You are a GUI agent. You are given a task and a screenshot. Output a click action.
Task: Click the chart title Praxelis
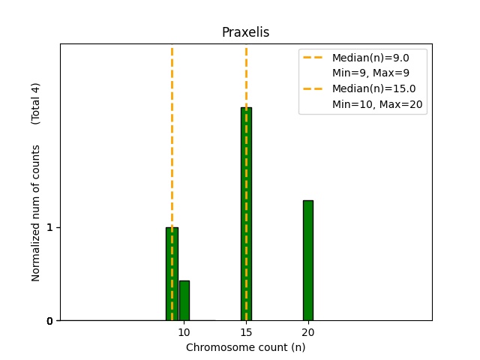pyautogui.click(x=245, y=33)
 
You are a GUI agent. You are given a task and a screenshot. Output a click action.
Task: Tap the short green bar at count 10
pyautogui.click(x=184, y=301)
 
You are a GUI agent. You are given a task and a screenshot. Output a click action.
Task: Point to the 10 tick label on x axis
pyautogui.click(x=184, y=332)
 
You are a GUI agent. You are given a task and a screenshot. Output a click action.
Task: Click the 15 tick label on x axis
pyautogui.click(x=246, y=332)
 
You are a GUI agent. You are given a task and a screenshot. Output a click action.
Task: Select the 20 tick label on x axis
pyautogui.click(x=308, y=332)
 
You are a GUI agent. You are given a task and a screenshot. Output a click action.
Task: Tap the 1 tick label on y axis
pyautogui.click(x=49, y=227)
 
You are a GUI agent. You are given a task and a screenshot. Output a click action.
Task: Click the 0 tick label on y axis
pyautogui.click(x=49, y=321)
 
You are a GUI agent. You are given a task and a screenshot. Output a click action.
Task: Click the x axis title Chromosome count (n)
pyautogui.click(x=245, y=347)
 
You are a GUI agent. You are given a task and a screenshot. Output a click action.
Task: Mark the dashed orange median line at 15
pyautogui.click(x=246, y=75)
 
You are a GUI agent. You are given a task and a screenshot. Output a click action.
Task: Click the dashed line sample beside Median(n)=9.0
pyautogui.click(x=313, y=58)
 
